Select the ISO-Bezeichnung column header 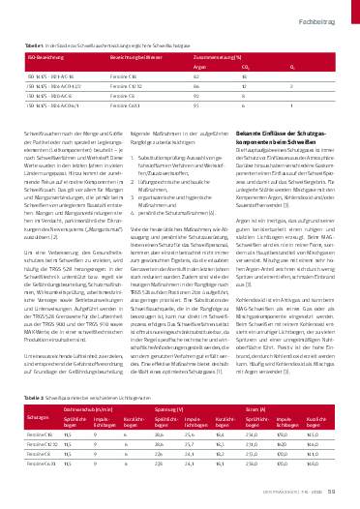[x=43, y=58]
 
